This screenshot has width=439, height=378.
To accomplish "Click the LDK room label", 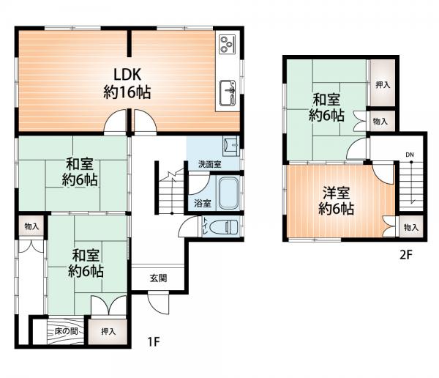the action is click(x=127, y=83).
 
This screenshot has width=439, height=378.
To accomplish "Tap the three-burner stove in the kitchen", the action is click(x=227, y=44).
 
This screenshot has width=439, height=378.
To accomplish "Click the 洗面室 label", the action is click(x=210, y=165).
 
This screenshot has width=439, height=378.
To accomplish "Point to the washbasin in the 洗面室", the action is click(x=231, y=146).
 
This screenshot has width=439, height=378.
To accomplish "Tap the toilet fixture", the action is click(x=224, y=226).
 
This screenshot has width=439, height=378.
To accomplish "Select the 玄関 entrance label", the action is click(x=159, y=278).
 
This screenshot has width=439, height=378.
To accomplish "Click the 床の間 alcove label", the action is click(x=66, y=331).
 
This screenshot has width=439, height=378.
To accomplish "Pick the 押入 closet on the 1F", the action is click(x=108, y=331).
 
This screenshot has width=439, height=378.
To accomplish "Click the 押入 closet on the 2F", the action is click(x=383, y=84).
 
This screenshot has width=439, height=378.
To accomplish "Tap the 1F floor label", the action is click(x=154, y=341).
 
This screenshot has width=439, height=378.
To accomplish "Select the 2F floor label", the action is click(x=405, y=255).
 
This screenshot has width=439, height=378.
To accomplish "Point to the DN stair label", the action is click(x=410, y=155).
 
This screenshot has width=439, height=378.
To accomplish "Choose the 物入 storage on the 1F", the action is click(x=31, y=226).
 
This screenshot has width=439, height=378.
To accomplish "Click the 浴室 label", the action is click(x=202, y=204).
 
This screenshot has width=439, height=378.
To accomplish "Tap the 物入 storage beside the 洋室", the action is click(x=410, y=227).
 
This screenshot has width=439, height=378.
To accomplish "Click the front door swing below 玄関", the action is click(x=157, y=304).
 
